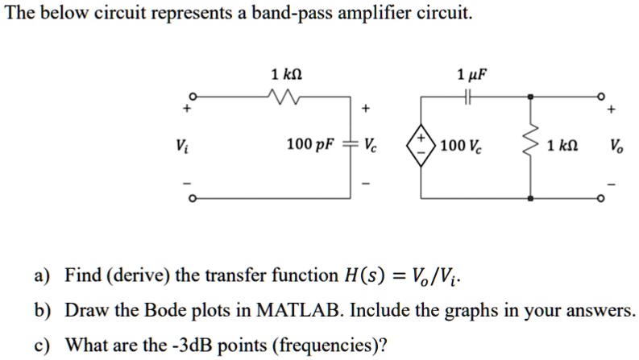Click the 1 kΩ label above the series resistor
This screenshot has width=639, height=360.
pos(288,75)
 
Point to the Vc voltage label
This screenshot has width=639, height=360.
pos(370,146)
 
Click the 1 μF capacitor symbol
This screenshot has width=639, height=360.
pos(470,96)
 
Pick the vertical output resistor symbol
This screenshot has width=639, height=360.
pos(531,146)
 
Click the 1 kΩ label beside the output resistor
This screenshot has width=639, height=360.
pos(562,147)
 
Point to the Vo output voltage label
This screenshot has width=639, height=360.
pos(616,147)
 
